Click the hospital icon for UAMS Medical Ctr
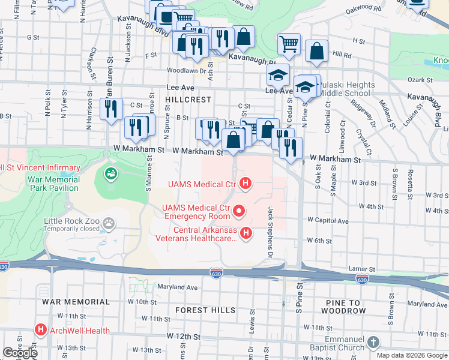[245, 182]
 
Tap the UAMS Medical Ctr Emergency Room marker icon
[239, 211]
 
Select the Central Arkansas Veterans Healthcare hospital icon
[245, 233]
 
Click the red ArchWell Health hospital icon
[41, 330]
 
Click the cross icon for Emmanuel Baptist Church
[373, 342]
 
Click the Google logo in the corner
[20, 353]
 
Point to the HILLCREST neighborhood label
[189, 99]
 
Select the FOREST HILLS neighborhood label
[206, 310]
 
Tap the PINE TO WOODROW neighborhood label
[345, 306]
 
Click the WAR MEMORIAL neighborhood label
[76, 302]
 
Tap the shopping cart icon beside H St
[289, 43]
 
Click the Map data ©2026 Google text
[412, 355]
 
